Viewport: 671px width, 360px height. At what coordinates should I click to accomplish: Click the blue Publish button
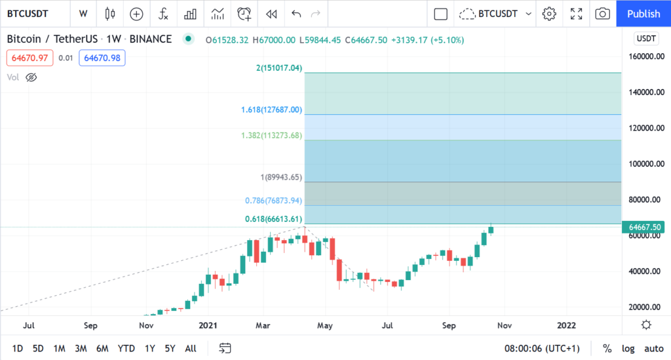coord(643,14)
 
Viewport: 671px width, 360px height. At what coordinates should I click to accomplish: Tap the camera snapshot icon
coord(603,14)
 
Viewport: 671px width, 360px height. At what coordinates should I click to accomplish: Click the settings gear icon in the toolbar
coord(549,14)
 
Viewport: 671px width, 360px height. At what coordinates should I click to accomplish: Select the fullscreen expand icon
coord(577,14)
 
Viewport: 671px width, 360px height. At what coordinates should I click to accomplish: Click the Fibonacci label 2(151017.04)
coord(279,68)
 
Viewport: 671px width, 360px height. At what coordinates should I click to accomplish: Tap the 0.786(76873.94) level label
coord(274,201)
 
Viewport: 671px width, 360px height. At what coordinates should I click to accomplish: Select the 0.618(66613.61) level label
coord(274,219)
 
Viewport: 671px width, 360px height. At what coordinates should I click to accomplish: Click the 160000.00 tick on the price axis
coord(645,57)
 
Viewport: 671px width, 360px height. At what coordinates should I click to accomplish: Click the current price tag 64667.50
coord(645,227)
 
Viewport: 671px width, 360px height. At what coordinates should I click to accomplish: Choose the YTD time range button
coord(126,348)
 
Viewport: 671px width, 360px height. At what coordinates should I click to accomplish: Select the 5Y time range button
coord(170,348)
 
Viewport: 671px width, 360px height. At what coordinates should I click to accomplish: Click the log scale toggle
coord(628,348)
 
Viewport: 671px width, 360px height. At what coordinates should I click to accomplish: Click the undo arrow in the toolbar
coord(296,14)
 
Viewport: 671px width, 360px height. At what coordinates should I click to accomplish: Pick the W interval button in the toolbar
coord(83,14)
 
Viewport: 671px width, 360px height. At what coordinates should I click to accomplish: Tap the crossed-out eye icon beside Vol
coord(31,77)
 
